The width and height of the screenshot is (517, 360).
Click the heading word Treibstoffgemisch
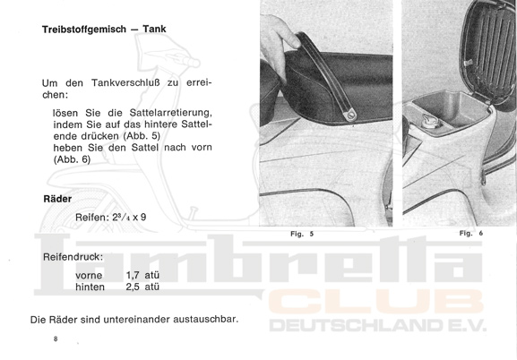click(84, 30)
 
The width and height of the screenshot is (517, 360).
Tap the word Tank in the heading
click(154, 29)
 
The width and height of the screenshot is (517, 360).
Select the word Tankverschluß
click(125, 82)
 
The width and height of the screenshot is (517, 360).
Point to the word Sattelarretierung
click(170, 113)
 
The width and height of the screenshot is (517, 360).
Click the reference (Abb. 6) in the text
click(72, 159)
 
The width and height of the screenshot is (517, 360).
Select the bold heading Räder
click(57, 199)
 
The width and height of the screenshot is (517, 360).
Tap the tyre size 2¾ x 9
click(129, 218)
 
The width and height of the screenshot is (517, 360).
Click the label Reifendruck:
click(73, 257)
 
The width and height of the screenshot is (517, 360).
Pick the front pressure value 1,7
click(133, 275)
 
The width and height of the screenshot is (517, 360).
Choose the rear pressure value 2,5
click(133, 287)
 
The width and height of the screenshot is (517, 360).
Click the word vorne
click(89, 276)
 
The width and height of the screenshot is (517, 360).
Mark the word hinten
click(90, 287)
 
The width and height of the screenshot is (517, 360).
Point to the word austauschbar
click(206, 320)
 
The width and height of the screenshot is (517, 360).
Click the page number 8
click(56, 339)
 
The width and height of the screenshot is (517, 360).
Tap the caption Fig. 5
click(302, 234)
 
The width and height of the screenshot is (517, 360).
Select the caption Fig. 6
click(470, 234)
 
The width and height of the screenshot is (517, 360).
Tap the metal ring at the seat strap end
click(350, 114)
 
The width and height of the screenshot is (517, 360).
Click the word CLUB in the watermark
click(376, 302)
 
